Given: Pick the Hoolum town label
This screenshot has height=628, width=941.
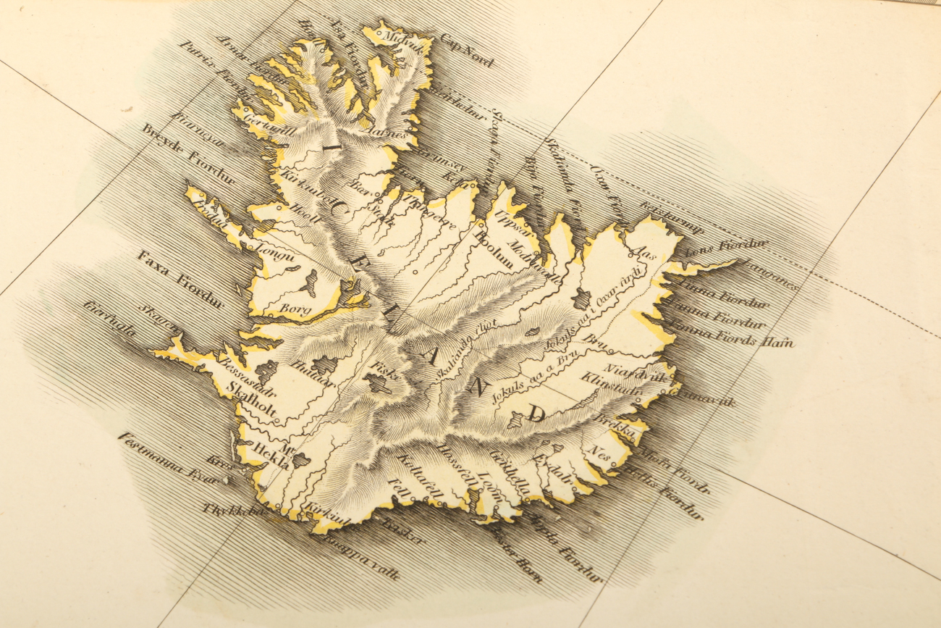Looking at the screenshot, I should [x=492, y=251].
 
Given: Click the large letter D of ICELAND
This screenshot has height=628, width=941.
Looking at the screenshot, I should [x=536, y=414].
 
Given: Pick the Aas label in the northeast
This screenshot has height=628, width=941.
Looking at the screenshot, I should [x=643, y=251].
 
